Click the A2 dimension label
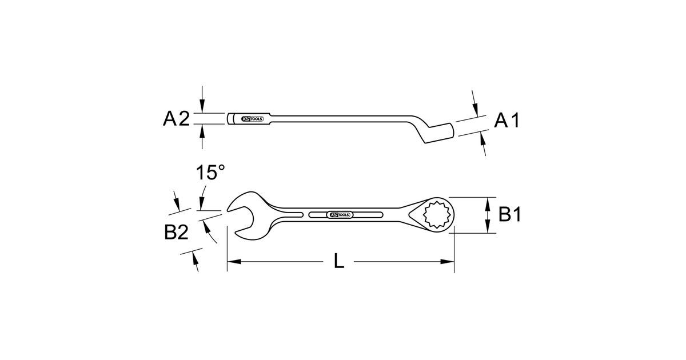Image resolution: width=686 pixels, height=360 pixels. coord(177,119)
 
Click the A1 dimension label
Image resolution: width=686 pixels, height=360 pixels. coord(507,121)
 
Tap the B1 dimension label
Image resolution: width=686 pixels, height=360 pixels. coord(509,214)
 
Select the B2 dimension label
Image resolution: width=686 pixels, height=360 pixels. coord(176,233)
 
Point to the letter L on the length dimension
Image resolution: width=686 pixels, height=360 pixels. coord(338,262)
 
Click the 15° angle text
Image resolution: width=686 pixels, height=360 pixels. coord(210,173)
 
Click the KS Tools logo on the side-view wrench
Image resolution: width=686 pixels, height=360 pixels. coord(252,119)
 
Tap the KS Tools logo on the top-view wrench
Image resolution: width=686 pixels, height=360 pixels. coord(340,215)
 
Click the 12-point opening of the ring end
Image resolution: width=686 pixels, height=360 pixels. coord(437,215)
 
